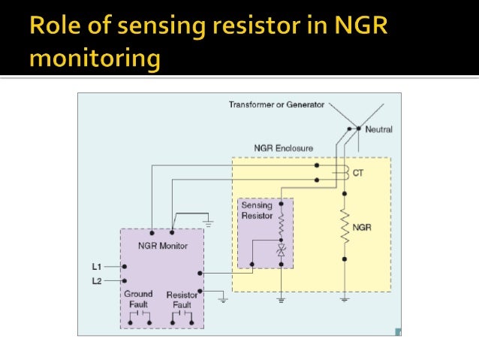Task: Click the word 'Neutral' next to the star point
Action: click(x=378, y=129)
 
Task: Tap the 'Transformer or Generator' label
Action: click(x=276, y=104)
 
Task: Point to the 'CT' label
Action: click(x=358, y=172)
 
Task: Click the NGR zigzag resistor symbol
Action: click(x=345, y=225)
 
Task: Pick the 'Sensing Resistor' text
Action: click(x=258, y=210)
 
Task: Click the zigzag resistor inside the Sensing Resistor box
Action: click(x=281, y=225)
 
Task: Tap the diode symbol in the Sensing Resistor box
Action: click(x=281, y=251)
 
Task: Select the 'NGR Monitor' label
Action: click(x=163, y=246)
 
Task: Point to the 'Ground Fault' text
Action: click(x=138, y=299)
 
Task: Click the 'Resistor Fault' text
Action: click(x=182, y=299)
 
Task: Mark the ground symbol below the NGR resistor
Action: click(x=345, y=299)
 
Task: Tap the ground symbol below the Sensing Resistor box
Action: click(x=281, y=299)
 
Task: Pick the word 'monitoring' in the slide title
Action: click(x=95, y=59)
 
